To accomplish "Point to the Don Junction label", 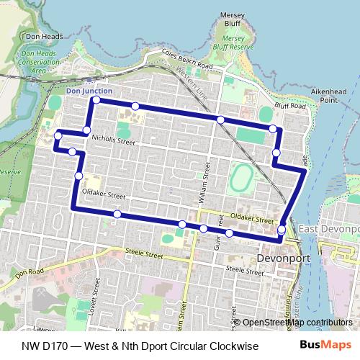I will (x=88, y=91).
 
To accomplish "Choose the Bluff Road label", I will (x=290, y=106).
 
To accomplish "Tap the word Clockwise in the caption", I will (x=233, y=346).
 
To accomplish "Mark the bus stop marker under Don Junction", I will (x=96, y=100).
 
